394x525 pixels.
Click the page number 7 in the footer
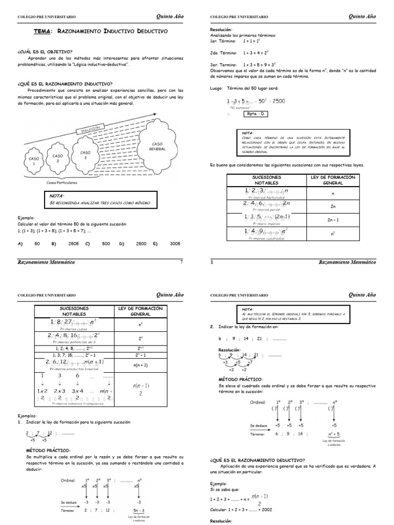tap(181, 262)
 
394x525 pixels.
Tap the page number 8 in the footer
tap(212, 262)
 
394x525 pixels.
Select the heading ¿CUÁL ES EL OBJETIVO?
tap(45, 51)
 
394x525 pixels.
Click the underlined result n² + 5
tap(334, 433)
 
